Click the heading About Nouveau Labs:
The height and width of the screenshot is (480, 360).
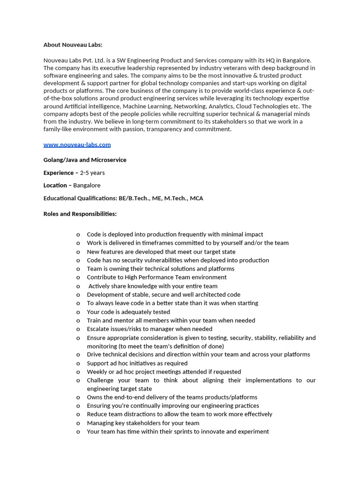coord(73,45)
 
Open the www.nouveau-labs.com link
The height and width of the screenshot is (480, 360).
coord(77,145)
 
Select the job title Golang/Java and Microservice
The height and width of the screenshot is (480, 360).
coord(85,160)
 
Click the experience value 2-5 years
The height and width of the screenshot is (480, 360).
coord(92,173)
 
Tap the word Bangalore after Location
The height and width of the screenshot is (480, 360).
coord(87,186)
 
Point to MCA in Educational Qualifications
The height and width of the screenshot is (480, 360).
coord(196,198)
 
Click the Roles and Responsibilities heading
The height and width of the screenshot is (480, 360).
coord(80,214)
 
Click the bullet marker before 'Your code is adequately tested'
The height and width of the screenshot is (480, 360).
coord(78,312)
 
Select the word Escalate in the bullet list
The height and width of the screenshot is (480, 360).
coord(98,329)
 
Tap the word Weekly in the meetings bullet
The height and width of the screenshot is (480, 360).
coord(97,372)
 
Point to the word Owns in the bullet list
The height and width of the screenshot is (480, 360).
coord(94,397)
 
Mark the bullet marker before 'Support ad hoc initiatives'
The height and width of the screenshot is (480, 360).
coord(78,363)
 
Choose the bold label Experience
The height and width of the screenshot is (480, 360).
coord(59,173)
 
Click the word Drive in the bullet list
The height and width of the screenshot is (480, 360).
coord(95,354)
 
